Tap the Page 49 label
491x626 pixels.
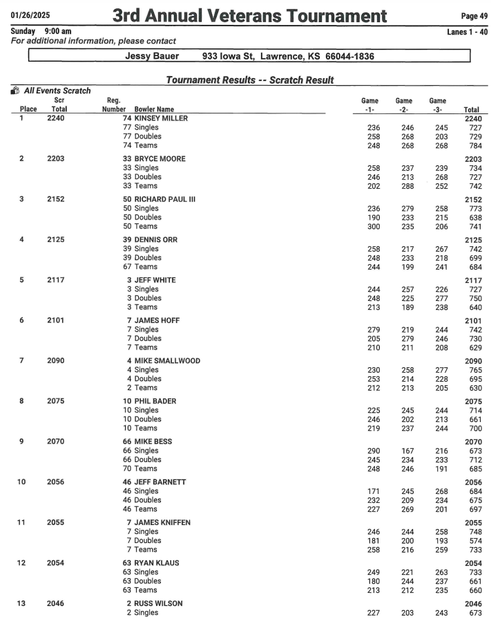[474, 15]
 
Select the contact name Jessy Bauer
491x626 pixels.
[152, 56]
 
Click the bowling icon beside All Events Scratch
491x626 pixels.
[15, 91]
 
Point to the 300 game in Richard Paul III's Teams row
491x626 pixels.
[373, 226]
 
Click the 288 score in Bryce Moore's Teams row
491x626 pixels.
[405, 185]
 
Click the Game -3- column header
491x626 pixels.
[437, 104]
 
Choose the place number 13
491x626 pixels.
[21, 604]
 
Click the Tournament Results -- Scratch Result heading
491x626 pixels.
[250, 80]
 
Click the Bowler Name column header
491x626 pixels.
[154, 109]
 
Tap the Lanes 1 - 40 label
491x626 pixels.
[468, 32]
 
